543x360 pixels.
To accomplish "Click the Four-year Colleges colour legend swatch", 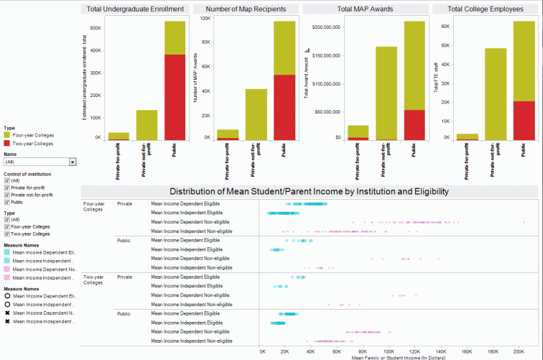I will coord(7,134).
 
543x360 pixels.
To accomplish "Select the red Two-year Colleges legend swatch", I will coord(7,143).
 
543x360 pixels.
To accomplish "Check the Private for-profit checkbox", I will coord(7,187).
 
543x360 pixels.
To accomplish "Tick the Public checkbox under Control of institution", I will coord(7,202).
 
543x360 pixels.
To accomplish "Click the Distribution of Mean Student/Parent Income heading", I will coord(309,192).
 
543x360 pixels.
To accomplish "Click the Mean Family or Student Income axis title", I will coord(398,356).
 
